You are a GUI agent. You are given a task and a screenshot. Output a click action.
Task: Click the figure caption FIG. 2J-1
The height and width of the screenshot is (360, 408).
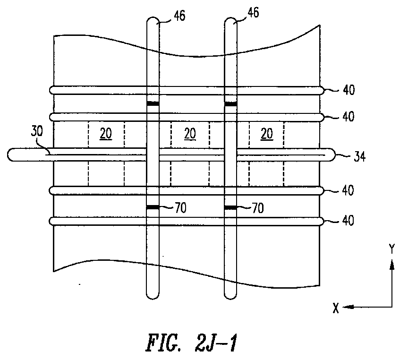pyautogui.click(x=191, y=343)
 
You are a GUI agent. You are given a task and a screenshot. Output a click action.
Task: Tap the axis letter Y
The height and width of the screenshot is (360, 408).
pyautogui.click(x=391, y=249)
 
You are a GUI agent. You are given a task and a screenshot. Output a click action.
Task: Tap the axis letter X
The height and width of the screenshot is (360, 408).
pyautogui.click(x=336, y=308)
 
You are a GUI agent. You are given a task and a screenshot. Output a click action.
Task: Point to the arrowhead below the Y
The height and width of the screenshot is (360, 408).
pyautogui.click(x=392, y=265)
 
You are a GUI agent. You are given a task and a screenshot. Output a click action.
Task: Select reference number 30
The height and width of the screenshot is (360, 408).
pyautogui.click(x=36, y=131)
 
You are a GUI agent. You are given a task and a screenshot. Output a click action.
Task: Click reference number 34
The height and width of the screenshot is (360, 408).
pyautogui.click(x=360, y=157)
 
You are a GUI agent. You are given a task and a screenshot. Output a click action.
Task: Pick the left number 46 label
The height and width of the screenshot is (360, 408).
pyautogui.click(x=179, y=16)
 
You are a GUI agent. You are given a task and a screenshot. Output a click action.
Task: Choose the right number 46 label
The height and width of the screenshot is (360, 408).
pyautogui.click(x=253, y=12)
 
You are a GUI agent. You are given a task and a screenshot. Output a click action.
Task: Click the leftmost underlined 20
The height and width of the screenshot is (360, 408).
pyautogui.click(x=106, y=134)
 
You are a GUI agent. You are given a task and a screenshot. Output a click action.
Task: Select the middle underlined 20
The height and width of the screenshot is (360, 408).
pyautogui.click(x=190, y=134)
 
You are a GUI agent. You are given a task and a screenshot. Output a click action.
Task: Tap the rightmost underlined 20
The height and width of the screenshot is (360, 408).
pyautogui.click(x=267, y=134)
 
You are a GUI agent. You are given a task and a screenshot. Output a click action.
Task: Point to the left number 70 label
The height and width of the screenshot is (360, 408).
pyautogui.click(x=180, y=208)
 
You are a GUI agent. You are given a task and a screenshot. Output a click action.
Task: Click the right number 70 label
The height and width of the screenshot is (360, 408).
pyautogui.click(x=258, y=208)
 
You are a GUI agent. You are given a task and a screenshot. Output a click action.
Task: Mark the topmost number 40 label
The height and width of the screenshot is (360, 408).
pyautogui.click(x=348, y=90)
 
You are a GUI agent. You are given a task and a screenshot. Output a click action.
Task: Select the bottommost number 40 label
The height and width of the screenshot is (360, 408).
pyautogui.click(x=348, y=221)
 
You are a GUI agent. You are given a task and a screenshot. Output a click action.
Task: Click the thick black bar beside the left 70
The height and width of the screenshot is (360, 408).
pyautogui.click(x=153, y=207)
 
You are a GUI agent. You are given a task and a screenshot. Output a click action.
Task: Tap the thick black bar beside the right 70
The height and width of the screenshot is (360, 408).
pyautogui.click(x=230, y=207)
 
